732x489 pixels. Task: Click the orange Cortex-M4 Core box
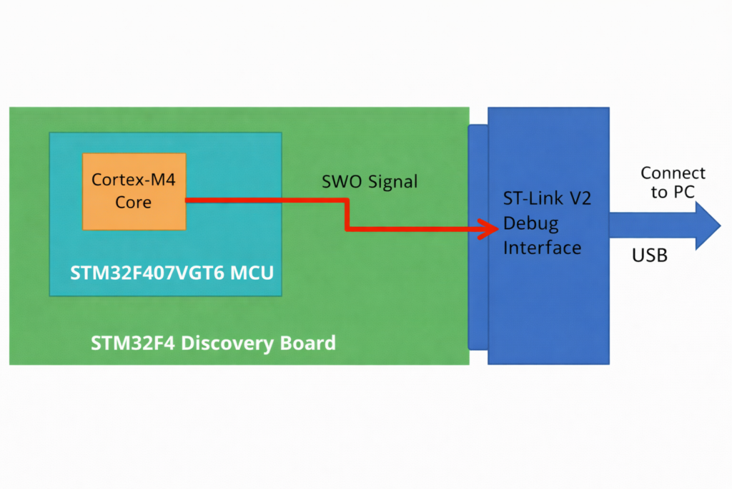click(134, 190)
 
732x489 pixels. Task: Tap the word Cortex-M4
click(134, 179)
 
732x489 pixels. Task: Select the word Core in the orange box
click(134, 203)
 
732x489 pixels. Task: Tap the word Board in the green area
click(306, 343)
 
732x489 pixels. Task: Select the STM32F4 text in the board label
click(133, 343)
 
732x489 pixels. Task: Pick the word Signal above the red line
click(392, 183)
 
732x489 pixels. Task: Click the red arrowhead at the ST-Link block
click(489, 229)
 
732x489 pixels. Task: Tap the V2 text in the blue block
click(579, 199)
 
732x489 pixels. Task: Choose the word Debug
click(531, 223)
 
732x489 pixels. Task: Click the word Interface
click(542, 248)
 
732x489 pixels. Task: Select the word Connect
click(673, 173)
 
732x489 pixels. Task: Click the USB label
click(650, 255)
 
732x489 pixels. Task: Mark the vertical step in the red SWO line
click(347, 215)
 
